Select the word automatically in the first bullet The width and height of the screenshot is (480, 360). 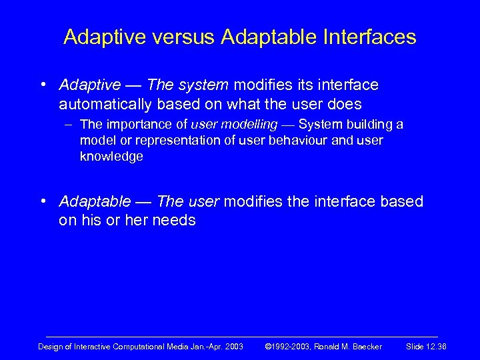(106, 104)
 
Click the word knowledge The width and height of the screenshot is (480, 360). (111, 157)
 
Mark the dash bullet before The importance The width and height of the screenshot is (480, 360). (70, 125)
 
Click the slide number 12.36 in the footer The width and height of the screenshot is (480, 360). (437, 345)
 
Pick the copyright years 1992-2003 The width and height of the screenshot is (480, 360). (291, 345)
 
